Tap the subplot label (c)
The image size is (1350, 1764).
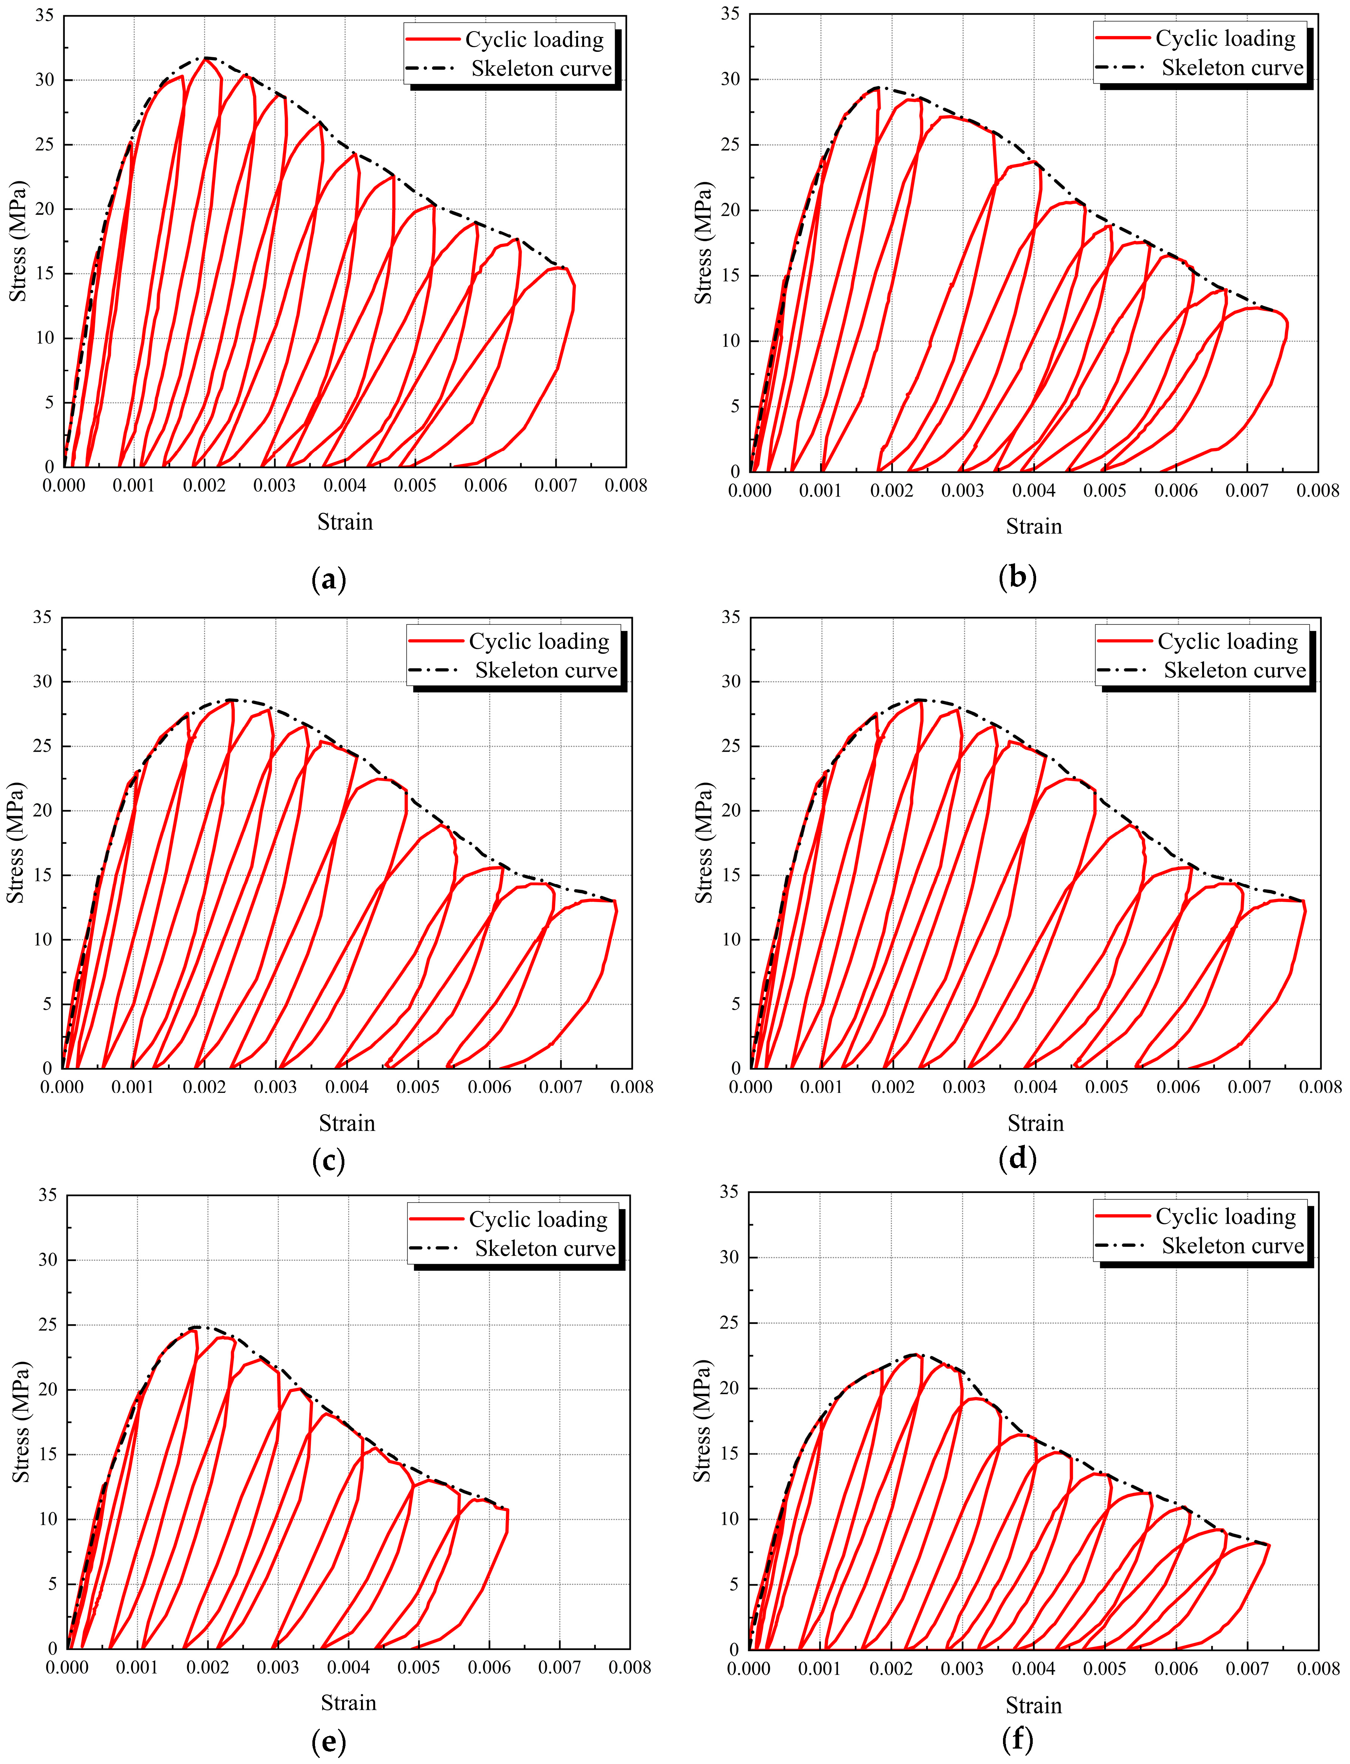click(x=328, y=1161)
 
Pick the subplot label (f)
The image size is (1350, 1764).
click(x=1017, y=1739)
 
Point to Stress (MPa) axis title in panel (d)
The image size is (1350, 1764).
click(x=704, y=842)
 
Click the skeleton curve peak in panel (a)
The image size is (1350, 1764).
click(x=207, y=58)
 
